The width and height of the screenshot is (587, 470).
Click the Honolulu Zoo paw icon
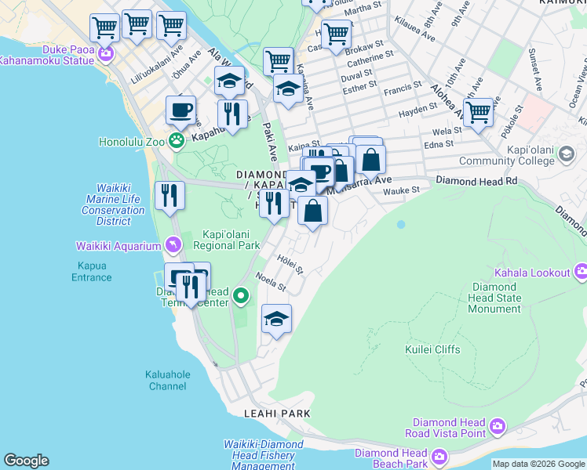pos(177,142)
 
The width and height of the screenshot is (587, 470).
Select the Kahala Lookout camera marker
pos(581,273)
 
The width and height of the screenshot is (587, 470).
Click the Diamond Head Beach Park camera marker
pos(439,456)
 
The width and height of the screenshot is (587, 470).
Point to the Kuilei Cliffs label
pos(432,349)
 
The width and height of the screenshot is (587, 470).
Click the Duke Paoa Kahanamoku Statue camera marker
pos(105,53)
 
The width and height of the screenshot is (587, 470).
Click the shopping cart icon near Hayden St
pos(478,113)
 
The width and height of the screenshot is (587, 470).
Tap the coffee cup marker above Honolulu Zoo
pos(181,110)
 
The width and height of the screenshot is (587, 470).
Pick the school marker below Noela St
pos(275,320)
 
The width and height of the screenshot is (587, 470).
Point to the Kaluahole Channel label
pos(167,380)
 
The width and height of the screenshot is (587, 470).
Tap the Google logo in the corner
pos(26,461)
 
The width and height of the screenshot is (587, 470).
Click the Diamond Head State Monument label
pos(494,298)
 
